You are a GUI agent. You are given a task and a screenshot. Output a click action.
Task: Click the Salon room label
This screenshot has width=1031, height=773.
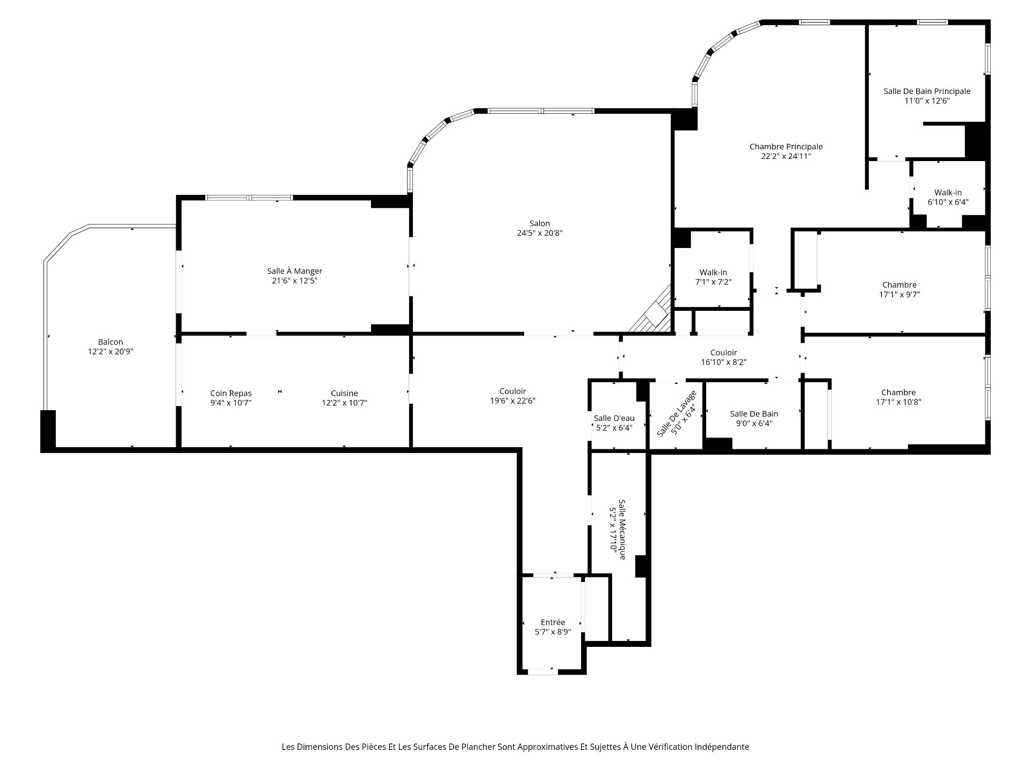coord(540,223)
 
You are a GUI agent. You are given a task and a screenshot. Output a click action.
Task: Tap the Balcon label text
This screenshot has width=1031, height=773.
coord(111,342)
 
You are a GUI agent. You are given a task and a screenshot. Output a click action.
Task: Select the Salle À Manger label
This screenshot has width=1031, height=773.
coord(295,271)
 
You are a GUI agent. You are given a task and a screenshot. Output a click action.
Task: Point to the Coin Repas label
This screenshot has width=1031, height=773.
coord(231,393)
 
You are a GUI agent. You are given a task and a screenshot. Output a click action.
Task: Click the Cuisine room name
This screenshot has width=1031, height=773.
coord(344,393)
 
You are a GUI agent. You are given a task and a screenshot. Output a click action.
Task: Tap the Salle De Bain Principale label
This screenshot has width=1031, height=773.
coord(927,91)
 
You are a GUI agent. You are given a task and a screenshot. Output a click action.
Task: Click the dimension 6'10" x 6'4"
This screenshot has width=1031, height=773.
coord(948,202)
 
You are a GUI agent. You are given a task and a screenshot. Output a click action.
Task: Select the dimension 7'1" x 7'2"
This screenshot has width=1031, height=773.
coord(714,282)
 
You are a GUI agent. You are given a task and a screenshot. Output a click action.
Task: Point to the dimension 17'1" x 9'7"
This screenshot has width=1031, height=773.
coord(899,294)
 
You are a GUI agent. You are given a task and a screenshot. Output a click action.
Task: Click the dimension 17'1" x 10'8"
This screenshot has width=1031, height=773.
coord(898,402)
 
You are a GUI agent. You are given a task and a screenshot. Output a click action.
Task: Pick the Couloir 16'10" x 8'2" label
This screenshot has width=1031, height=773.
coord(724,358)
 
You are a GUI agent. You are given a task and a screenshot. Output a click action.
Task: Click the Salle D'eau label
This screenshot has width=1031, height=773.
coord(614,419)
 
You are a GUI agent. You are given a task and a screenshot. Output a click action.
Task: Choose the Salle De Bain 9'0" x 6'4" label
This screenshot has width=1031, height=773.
coord(754,418)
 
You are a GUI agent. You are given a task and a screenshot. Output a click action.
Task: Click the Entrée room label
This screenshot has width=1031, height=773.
coord(553,623)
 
